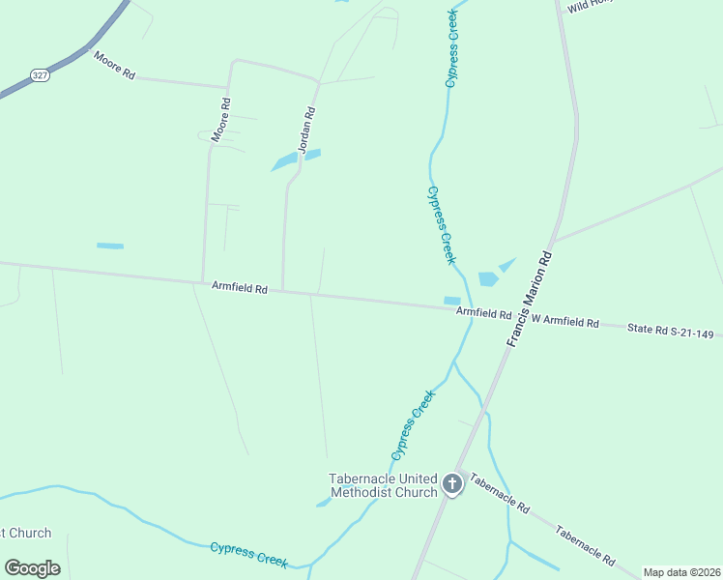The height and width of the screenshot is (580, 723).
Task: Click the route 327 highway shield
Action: click(39, 74)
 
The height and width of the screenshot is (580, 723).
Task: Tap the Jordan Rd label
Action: click(307, 130)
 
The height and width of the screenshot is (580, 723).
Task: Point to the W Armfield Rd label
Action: click(564, 321)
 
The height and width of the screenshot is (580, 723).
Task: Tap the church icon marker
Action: click(451, 484)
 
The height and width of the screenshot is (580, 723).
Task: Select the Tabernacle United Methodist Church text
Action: click(384, 485)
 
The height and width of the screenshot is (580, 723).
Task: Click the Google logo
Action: click(32, 568)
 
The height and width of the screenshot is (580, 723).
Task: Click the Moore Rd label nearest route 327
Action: click(114, 65)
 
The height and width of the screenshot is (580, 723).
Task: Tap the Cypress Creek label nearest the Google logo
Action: click(249, 553)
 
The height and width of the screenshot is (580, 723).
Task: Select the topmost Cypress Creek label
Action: click(450, 48)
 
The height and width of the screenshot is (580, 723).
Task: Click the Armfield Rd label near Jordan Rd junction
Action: click(240, 287)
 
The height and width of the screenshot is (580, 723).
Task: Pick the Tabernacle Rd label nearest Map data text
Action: click(584, 544)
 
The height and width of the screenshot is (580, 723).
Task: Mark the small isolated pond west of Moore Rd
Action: click(110, 246)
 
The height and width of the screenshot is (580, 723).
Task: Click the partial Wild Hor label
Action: click(591, 6)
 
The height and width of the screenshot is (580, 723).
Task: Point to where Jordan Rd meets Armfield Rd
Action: click(282, 290)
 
